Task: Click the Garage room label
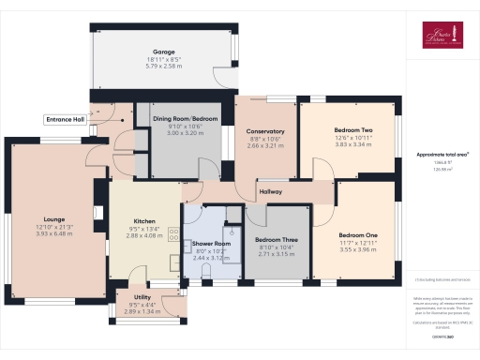click(165, 53)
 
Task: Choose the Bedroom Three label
click(276, 240)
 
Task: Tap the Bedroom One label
click(359, 233)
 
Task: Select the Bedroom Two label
click(353, 130)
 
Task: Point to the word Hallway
click(271, 192)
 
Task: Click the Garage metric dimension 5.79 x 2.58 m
click(165, 67)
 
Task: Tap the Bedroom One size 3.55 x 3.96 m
click(359, 249)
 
